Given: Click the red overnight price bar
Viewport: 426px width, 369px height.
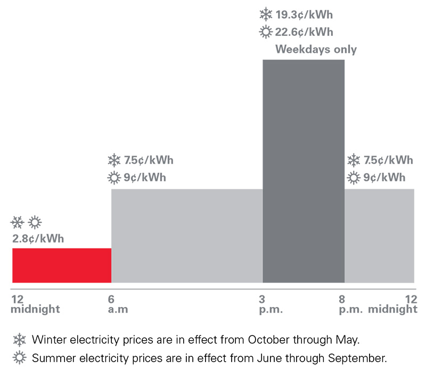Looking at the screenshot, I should coord(62,265).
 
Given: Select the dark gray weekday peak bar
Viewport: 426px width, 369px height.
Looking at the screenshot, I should coord(304,171).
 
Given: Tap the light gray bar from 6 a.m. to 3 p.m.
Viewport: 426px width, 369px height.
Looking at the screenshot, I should coord(186,236).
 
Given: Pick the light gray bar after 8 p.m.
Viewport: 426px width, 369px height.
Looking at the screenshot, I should coord(379,236).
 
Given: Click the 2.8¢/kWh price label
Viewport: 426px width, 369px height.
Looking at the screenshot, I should coord(38,238).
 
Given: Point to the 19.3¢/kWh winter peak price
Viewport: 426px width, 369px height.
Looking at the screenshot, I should coord(305,14).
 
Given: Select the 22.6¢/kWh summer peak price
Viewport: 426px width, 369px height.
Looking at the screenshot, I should coord(305,32).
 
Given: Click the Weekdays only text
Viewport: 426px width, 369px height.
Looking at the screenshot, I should coord(316,50).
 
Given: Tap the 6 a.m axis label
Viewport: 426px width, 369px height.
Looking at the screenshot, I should coord(118,304).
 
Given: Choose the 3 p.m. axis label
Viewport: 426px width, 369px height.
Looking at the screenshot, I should coord(272,304).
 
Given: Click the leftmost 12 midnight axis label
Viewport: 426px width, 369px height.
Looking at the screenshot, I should coord(35,304).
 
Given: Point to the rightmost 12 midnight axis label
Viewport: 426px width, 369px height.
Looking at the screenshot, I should coord(394,304).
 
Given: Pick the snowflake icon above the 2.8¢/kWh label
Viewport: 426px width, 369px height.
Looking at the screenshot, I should coord(18,221).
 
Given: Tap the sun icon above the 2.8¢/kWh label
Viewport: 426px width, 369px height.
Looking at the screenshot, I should coord(35,221).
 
